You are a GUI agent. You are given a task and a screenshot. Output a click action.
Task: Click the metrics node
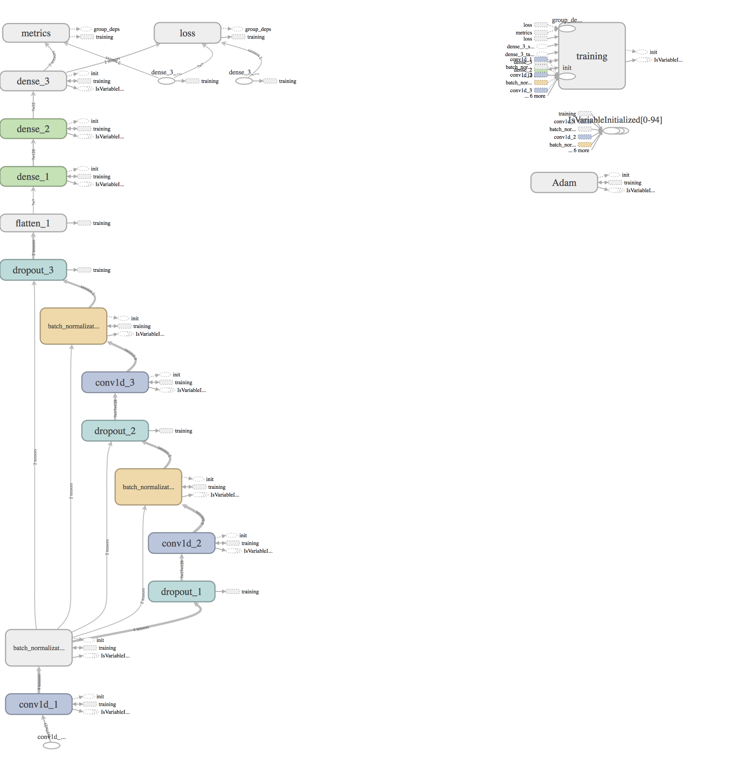36,33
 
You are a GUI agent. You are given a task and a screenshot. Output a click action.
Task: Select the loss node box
187,33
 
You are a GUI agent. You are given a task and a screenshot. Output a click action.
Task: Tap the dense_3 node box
33,81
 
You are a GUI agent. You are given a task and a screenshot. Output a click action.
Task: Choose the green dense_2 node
33,129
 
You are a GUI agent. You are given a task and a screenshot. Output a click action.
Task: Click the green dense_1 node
33,177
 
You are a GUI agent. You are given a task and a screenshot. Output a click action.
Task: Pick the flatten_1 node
33,223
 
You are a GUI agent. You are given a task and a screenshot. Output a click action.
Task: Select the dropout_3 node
33,270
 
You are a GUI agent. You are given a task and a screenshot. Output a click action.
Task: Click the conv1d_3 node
115,383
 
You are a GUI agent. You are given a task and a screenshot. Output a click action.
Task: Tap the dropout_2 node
115,431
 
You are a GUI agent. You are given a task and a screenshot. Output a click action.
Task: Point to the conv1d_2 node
181,544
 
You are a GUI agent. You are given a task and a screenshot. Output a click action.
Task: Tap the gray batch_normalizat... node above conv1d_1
39,648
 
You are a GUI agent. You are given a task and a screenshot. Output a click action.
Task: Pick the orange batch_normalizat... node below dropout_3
74,326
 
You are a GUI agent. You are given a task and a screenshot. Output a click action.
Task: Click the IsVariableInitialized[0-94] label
615,120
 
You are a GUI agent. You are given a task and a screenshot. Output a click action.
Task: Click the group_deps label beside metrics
106,29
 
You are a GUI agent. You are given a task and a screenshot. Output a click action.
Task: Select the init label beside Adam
625,175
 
